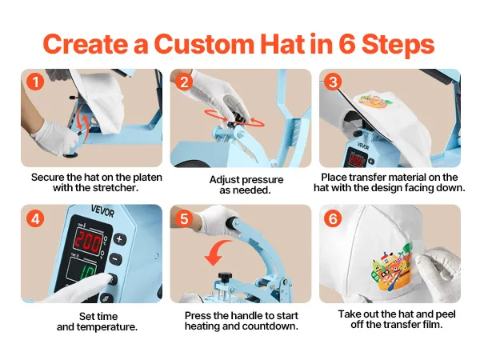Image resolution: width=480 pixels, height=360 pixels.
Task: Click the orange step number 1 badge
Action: click(35, 82)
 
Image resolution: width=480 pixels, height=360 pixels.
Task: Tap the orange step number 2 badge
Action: click(184, 82)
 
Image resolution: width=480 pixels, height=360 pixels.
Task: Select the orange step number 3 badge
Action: click(333, 82)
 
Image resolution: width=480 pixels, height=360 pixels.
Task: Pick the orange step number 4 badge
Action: click(35, 219)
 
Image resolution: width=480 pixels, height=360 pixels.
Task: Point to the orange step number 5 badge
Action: click(184, 219)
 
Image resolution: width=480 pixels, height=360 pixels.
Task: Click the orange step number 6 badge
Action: click(333, 219)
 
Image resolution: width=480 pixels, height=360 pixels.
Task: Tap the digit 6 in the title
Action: click(347, 44)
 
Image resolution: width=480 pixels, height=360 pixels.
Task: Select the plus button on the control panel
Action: click(119, 239)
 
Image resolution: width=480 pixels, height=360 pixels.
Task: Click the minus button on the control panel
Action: click(115, 259)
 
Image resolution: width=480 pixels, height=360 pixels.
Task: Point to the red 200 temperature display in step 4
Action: click(89, 242)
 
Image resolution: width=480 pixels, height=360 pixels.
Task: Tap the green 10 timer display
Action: click(86, 271)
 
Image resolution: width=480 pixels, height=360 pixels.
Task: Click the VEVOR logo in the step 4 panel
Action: click(103, 211)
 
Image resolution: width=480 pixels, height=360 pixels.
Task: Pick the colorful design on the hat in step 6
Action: click(391, 267)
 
